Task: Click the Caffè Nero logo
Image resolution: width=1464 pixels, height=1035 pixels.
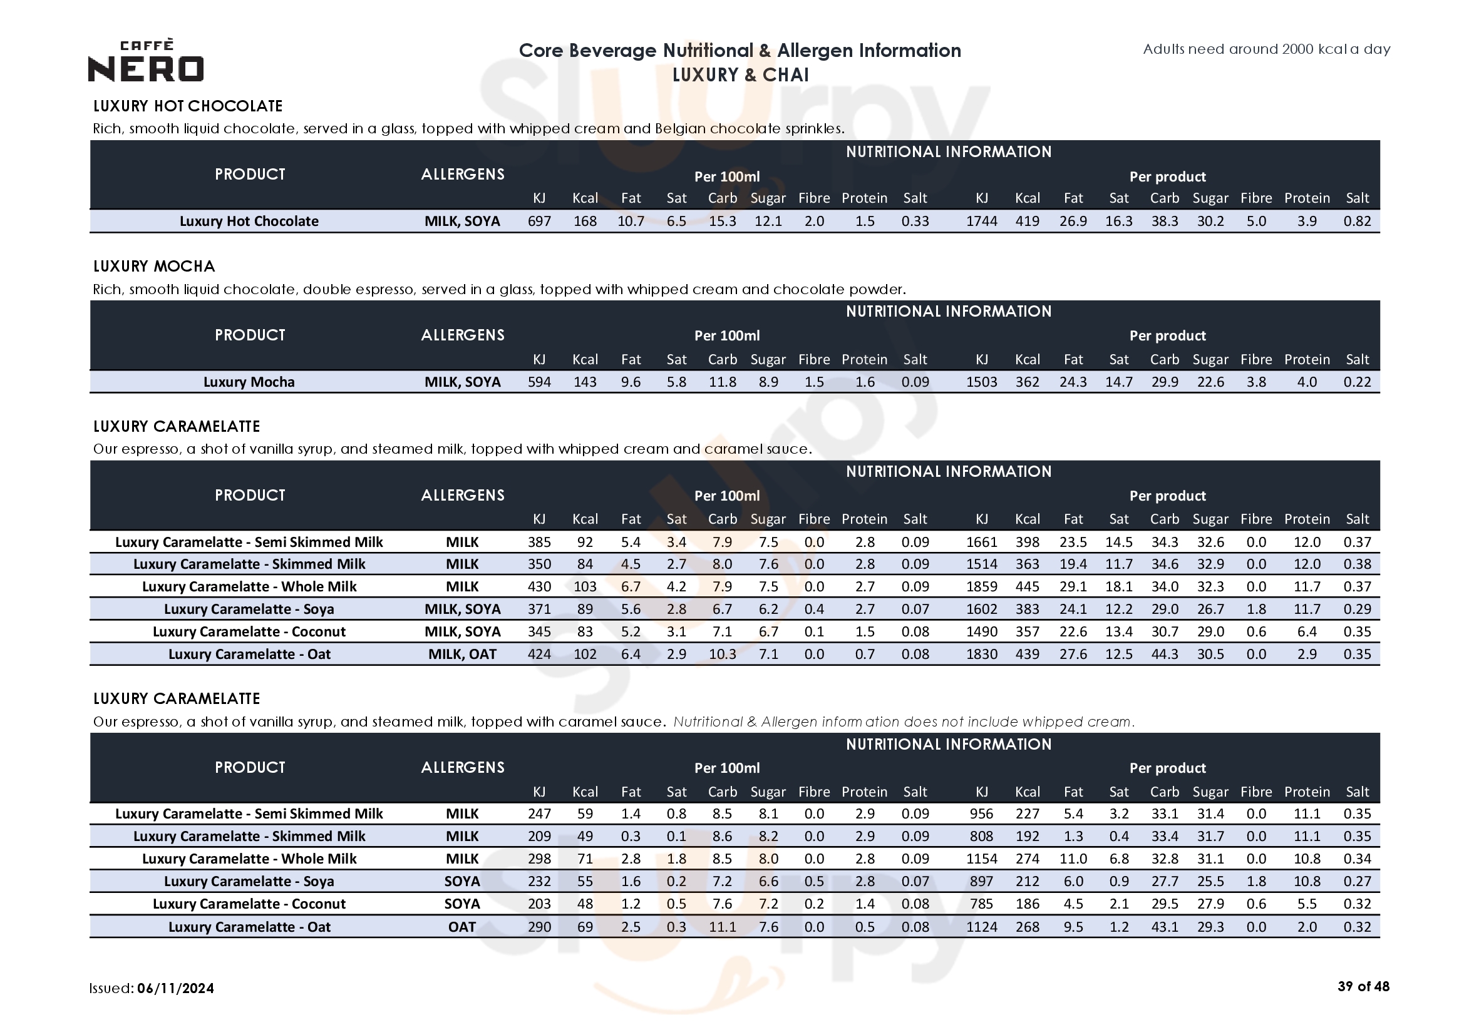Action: (x=146, y=61)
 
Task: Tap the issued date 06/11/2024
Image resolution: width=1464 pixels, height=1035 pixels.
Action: (x=175, y=988)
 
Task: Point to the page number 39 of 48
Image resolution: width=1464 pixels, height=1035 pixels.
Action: (x=1363, y=987)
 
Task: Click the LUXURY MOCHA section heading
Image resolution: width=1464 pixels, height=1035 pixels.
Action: (x=154, y=267)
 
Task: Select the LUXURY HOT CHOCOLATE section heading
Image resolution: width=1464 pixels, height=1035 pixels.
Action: (x=187, y=106)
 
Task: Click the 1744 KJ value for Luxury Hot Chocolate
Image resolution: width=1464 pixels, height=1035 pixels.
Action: (x=981, y=221)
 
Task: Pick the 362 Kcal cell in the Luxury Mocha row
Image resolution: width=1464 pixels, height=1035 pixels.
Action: (x=1027, y=382)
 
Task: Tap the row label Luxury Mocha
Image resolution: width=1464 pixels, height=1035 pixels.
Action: (x=249, y=382)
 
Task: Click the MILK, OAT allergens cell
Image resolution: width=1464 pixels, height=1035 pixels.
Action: (x=462, y=654)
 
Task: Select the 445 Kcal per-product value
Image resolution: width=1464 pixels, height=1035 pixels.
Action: (x=1027, y=586)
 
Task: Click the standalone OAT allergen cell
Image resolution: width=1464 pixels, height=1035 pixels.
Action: (x=462, y=927)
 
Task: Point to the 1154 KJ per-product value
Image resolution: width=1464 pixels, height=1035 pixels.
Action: (x=981, y=859)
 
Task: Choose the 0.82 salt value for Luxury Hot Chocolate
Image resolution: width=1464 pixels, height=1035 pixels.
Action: (x=1357, y=221)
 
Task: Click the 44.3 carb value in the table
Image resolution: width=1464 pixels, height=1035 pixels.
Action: (x=1164, y=654)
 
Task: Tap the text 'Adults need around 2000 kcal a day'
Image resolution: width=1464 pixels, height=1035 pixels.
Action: (x=1266, y=49)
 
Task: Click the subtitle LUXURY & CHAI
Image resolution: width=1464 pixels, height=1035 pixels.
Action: (x=740, y=74)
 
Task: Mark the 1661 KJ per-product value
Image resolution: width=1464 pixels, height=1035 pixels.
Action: (x=981, y=542)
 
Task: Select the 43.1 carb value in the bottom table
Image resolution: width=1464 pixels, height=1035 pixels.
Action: (x=1164, y=927)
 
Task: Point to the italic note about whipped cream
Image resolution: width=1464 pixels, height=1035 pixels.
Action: (x=904, y=721)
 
